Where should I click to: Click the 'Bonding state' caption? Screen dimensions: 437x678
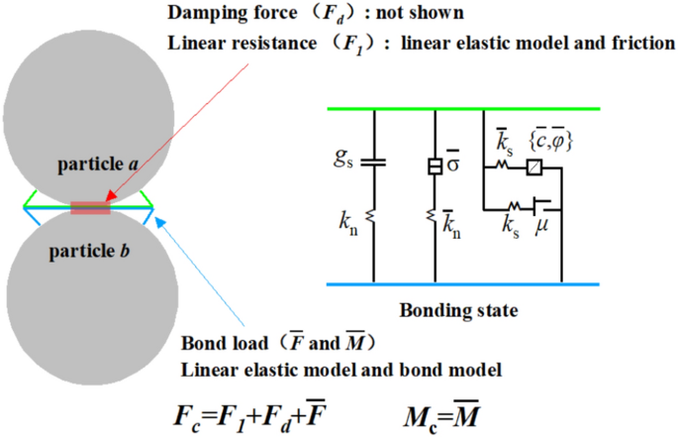(458, 310)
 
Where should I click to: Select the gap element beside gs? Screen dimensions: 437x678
(374, 162)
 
